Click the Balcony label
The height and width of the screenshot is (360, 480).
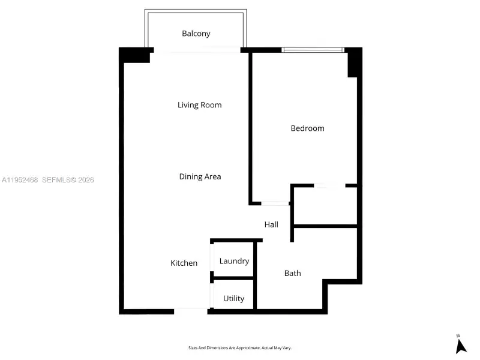(x=196, y=34)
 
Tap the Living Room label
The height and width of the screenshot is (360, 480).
(x=199, y=105)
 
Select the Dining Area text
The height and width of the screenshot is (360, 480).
(x=200, y=176)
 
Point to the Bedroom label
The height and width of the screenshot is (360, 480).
(x=307, y=128)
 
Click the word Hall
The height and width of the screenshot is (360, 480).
(x=271, y=224)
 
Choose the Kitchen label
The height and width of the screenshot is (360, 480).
(x=184, y=263)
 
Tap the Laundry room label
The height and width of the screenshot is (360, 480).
(x=234, y=261)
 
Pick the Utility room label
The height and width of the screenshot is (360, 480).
(x=233, y=298)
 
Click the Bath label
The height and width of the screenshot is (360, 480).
(x=292, y=273)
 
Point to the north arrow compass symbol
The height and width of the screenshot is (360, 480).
(x=460, y=345)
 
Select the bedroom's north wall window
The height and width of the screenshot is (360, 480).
(x=313, y=50)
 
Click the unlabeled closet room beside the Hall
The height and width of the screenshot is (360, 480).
(x=325, y=206)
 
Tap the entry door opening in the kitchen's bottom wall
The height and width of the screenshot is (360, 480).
(x=191, y=311)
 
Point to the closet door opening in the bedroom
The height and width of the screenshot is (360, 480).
(x=329, y=186)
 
